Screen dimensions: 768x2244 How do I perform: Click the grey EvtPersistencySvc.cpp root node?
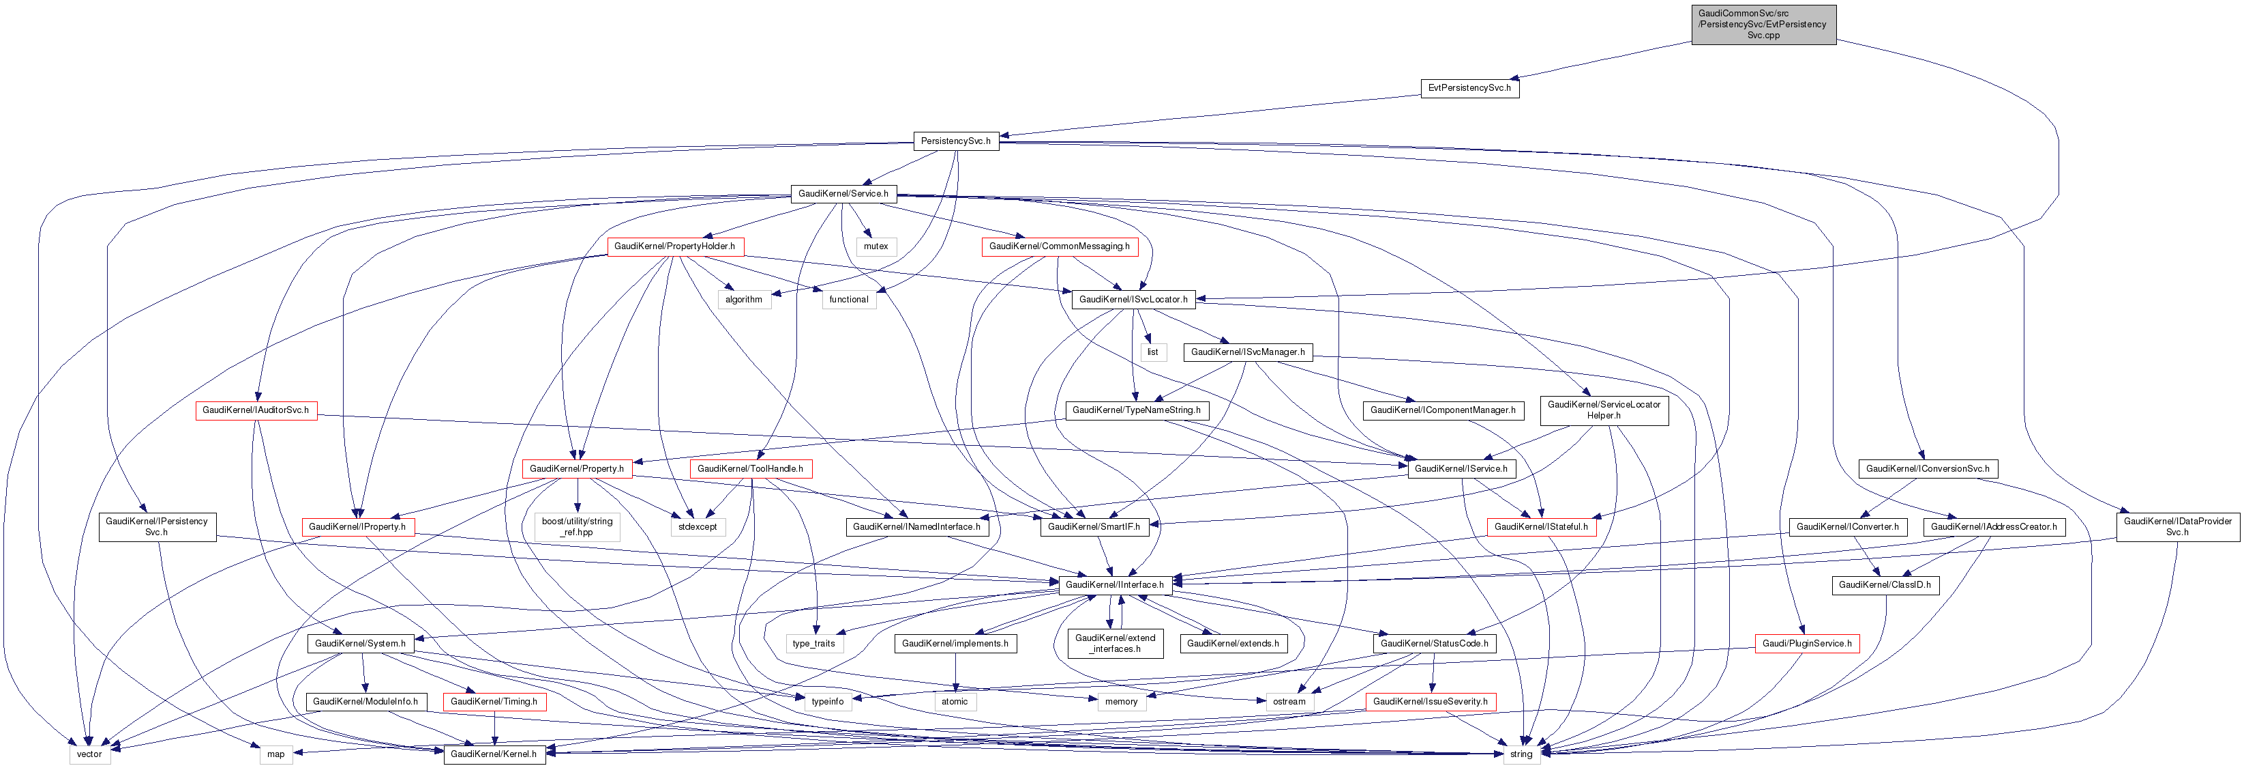[x=1763, y=25]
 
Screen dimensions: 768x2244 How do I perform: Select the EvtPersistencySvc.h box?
[x=1469, y=88]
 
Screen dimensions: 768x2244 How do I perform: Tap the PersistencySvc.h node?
[x=955, y=141]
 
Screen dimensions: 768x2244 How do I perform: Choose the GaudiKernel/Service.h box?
[x=842, y=193]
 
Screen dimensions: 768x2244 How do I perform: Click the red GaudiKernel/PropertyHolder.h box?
[x=674, y=246]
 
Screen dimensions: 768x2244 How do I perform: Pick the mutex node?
[x=876, y=246]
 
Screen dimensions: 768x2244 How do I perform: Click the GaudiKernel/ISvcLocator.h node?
[x=1133, y=300]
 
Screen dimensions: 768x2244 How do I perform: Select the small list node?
[x=1152, y=352]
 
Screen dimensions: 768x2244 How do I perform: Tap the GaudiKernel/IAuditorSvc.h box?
[x=255, y=410]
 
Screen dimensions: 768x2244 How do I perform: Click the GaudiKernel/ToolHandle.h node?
[x=750, y=469]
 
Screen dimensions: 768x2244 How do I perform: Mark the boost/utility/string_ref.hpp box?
[x=577, y=526]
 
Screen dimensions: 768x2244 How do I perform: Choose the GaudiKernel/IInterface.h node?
[x=1114, y=585]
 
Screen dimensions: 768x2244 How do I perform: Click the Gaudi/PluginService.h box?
[x=1807, y=643]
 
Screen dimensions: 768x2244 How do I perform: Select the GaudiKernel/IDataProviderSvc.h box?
[x=2177, y=526]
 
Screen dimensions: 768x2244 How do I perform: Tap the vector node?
[x=90, y=754]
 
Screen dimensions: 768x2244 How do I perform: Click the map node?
[x=275, y=754]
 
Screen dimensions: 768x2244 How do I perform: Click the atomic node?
[x=954, y=702]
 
